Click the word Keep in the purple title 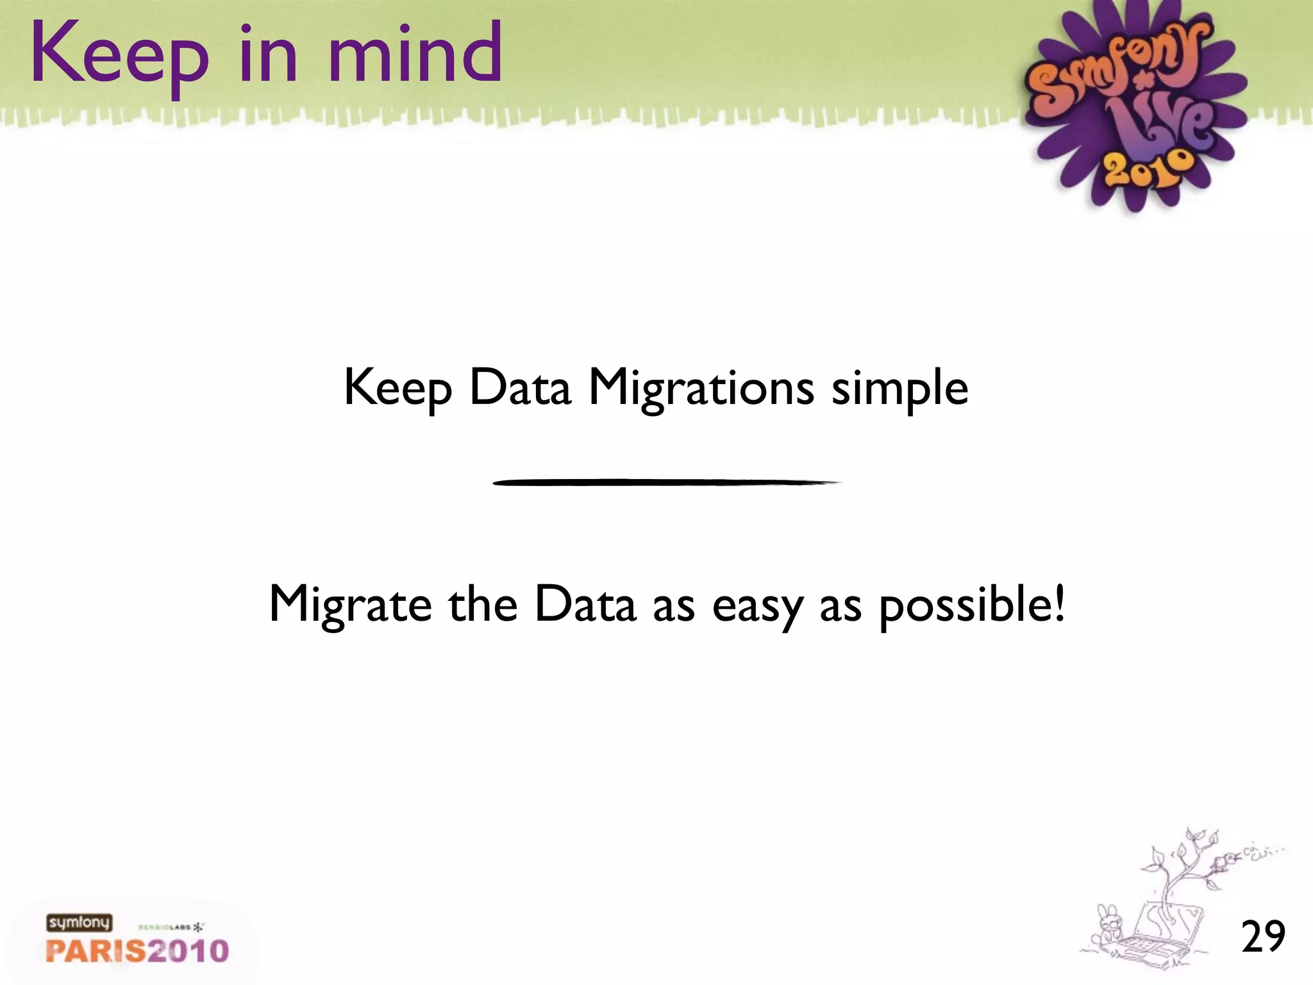[120, 56]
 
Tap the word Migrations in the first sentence [701, 389]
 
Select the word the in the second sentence [482, 604]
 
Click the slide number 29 [1263, 937]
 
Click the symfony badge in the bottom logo [79, 923]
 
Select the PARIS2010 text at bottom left [137, 951]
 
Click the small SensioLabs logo [171, 927]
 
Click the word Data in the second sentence [585, 604]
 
